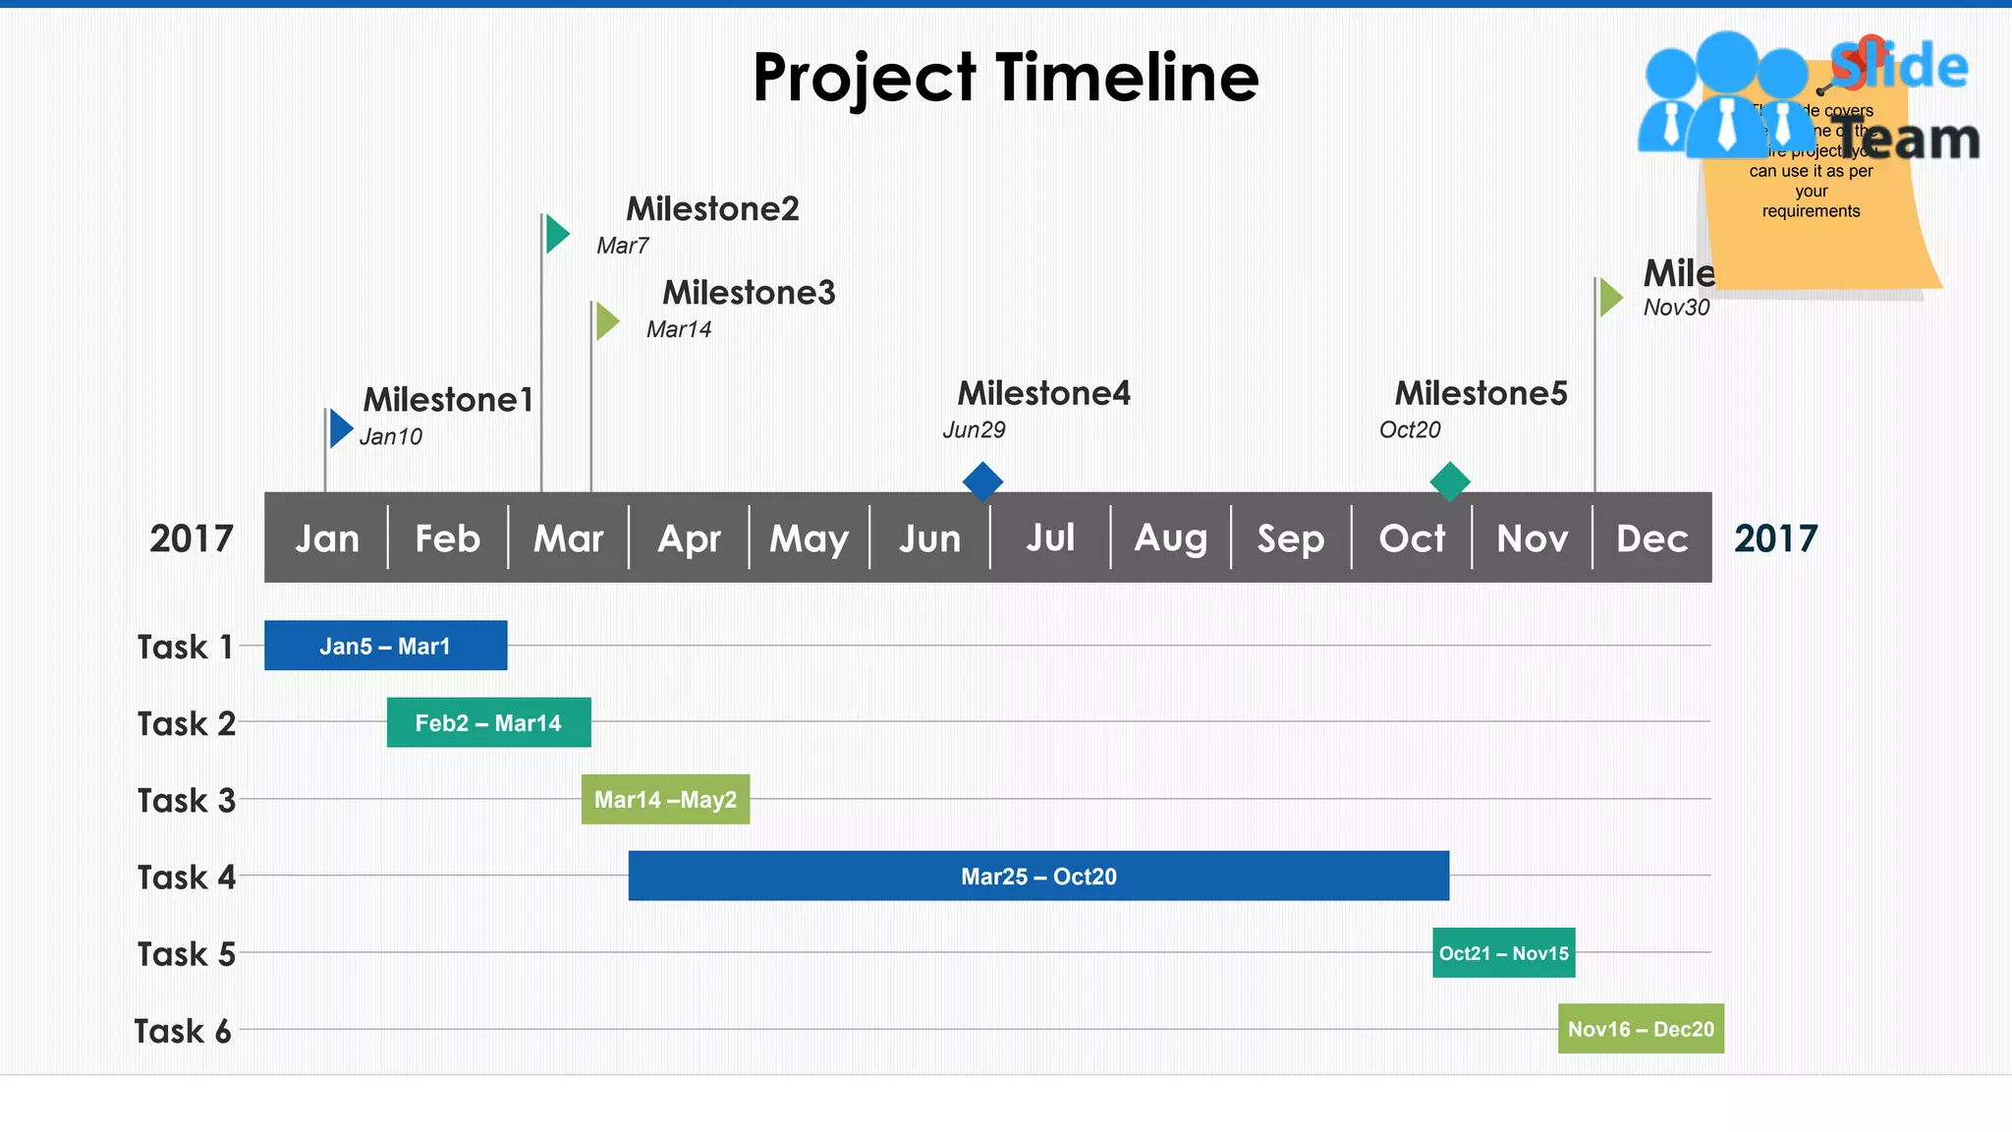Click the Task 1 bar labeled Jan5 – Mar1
(385, 646)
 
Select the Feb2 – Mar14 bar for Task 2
(488, 722)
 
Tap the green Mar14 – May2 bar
(665, 799)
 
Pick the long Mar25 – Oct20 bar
(1038, 876)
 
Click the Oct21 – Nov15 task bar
(1503, 952)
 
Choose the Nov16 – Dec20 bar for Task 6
(1641, 1029)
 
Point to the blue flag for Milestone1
(340, 428)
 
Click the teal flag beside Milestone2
(557, 234)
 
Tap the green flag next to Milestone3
(607, 321)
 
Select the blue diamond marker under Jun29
(982, 482)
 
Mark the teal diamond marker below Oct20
(1450, 482)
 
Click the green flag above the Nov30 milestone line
(1610, 298)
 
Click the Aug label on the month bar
(1170, 538)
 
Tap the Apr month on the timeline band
(689, 538)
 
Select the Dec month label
(1651, 538)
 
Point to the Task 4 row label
(186, 877)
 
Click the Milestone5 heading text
(1481, 393)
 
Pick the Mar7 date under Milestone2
(622, 246)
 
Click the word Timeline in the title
(1127, 78)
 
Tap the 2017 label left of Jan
(192, 538)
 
